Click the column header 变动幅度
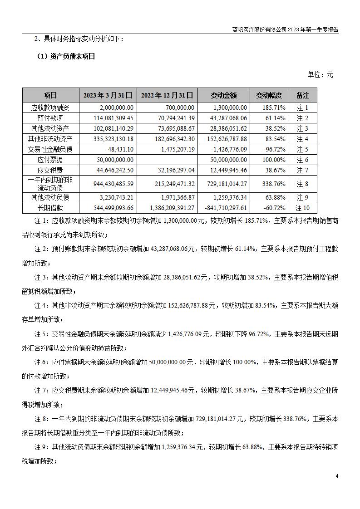coord(269,95)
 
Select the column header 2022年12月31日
coord(167,95)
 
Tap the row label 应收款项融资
coord(51,108)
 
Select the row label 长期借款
coord(51,208)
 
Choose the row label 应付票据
coord(51,160)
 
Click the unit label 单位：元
coord(321,74)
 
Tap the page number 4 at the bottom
coord(337,476)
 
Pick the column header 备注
coord(302,95)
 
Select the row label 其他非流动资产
coord(51,139)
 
